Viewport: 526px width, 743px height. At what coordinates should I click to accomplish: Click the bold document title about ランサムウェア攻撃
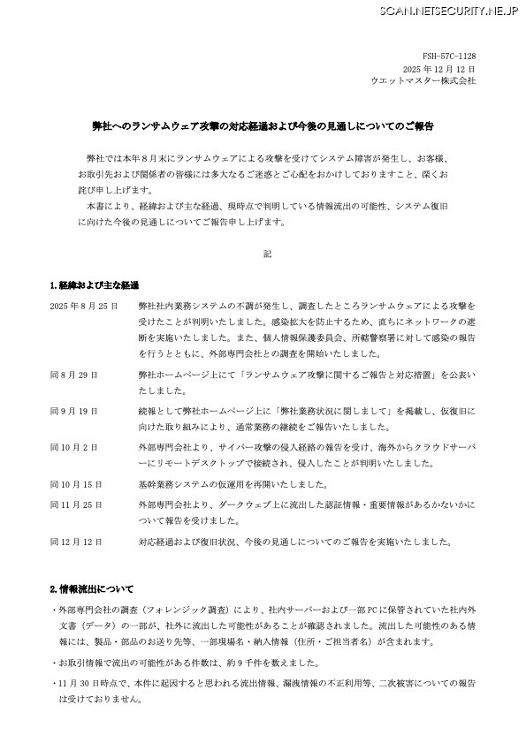[263, 126]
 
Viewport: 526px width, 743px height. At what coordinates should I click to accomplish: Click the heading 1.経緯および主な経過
[95, 285]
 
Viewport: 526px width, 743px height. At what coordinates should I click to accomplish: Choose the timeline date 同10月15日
[76, 484]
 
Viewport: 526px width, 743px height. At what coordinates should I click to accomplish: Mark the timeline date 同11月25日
[76, 504]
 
